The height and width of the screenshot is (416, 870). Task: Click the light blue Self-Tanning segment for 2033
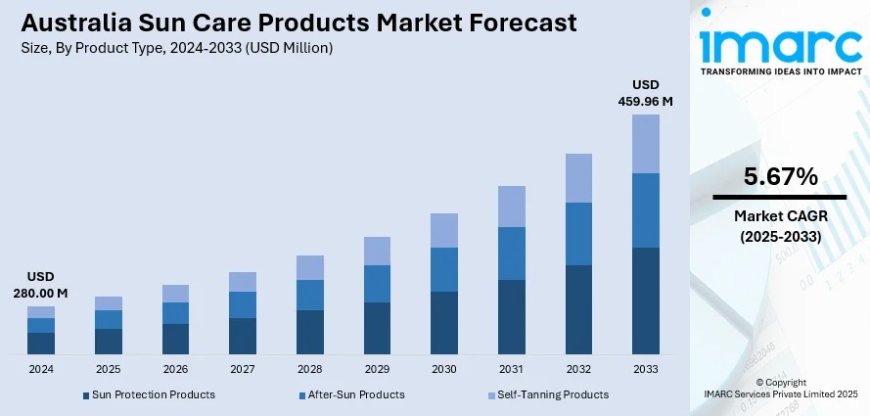pyautogui.click(x=646, y=143)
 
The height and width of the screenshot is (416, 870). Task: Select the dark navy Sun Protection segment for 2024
pyautogui.click(x=41, y=343)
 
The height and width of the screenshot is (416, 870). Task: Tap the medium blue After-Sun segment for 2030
pyautogui.click(x=444, y=269)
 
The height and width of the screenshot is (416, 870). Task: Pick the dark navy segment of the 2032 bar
pyautogui.click(x=579, y=309)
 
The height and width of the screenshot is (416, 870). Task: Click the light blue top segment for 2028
pyautogui.click(x=310, y=267)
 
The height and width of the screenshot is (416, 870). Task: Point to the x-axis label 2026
pyautogui.click(x=175, y=369)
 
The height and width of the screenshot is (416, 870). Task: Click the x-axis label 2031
pyautogui.click(x=511, y=369)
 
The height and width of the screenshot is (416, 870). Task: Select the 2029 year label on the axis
pyautogui.click(x=377, y=369)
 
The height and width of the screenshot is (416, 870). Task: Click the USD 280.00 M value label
pyautogui.click(x=41, y=284)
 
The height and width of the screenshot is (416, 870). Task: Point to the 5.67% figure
pyautogui.click(x=780, y=177)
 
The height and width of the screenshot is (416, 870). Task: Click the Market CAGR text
pyautogui.click(x=780, y=217)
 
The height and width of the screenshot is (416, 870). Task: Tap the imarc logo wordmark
pyautogui.click(x=780, y=45)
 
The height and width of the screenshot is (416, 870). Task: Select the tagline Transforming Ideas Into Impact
pyautogui.click(x=780, y=72)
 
